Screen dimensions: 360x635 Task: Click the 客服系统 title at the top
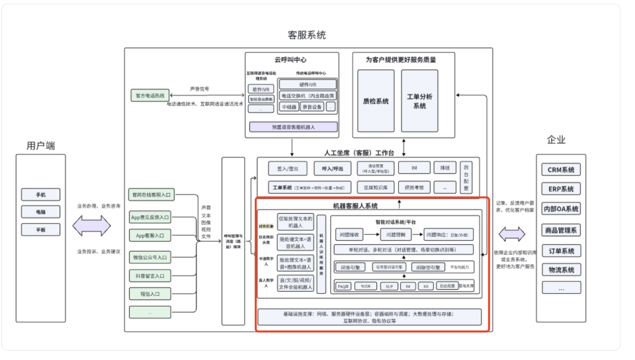[306, 35]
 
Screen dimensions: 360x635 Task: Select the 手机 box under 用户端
[41, 195]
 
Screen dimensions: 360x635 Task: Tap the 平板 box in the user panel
[41, 230]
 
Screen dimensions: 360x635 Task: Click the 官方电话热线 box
[149, 96]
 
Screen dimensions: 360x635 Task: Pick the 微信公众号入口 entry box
[150, 256]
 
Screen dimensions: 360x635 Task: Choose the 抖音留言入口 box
[150, 275]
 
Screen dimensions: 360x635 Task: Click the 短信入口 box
[150, 293]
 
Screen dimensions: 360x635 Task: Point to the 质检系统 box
[376, 101]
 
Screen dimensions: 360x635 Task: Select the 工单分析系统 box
[419, 101]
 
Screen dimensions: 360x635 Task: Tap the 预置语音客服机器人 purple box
[293, 126]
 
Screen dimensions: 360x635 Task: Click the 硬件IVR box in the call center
[308, 84]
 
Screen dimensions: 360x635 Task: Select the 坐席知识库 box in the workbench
[375, 187]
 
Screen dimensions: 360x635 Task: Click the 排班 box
[444, 168]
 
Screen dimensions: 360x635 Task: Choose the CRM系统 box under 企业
[562, 169]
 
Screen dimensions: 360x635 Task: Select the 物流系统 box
[562, 269]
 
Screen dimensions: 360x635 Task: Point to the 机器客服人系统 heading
[364, 206]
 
